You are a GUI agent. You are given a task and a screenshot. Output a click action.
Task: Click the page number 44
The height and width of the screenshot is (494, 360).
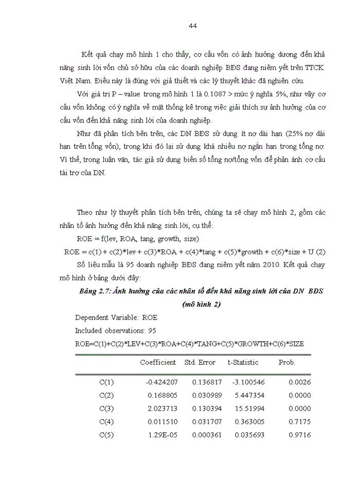click(x=193, y=26)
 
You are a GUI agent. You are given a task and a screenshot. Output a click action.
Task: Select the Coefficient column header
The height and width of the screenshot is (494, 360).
click(x=158, y=362)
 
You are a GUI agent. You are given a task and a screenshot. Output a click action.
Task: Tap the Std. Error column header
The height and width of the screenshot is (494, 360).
click(x=200, y=362)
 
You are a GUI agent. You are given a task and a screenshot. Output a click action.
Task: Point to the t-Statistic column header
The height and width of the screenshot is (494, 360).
click(x=243, y=362)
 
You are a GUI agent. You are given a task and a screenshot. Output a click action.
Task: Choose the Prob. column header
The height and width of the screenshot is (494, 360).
click(x=287, y=362)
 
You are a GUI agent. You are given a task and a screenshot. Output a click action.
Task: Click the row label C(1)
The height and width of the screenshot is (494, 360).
click(x=106, y=382)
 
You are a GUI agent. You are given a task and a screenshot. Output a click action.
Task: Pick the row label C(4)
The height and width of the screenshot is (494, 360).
click(x=106, y=422)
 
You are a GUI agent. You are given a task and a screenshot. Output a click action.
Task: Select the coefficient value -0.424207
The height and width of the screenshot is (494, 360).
click(x=160, y=382)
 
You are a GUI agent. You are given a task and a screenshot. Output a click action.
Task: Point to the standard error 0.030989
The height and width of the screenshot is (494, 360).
click(x=207, y=396)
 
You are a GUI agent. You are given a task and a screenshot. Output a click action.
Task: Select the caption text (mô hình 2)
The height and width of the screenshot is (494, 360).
click(x=201, y=304)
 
